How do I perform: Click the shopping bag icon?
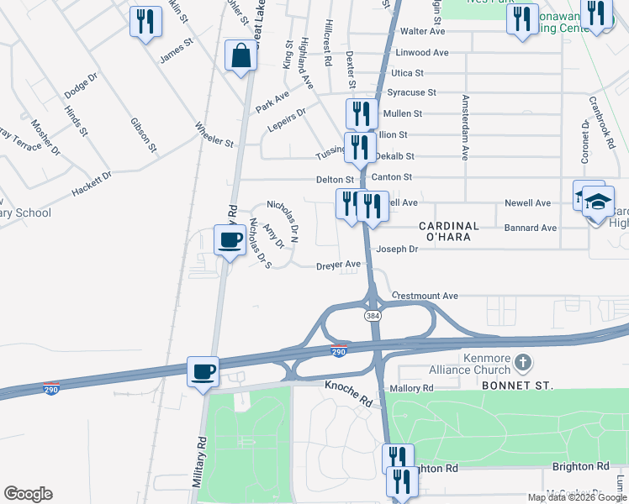click(x=240, y=56)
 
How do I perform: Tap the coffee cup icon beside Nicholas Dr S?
click(x=230, y=240)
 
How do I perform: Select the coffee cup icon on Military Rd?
click(x=203, y=371)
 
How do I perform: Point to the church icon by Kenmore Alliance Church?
click(x=523, y=362)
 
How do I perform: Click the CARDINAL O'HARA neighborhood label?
click(x=448, y=232)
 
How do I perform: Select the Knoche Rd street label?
click(x=348, y=391)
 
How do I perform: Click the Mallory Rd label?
click(x=411, y=388)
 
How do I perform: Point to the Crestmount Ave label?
click(x=425, y=297)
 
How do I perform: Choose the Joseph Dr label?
click(x=397, y=249)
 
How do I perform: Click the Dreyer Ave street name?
click(x=338, y=265)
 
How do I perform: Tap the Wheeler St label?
click(x=214, y=136)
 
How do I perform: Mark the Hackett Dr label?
click(x=92, y=184)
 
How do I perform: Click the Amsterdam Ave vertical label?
click(x=464, y=127)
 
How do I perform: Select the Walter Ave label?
click(x=423, y=31)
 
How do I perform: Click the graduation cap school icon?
click(x=598, y=202)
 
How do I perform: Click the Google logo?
click(x=28, y=494)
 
